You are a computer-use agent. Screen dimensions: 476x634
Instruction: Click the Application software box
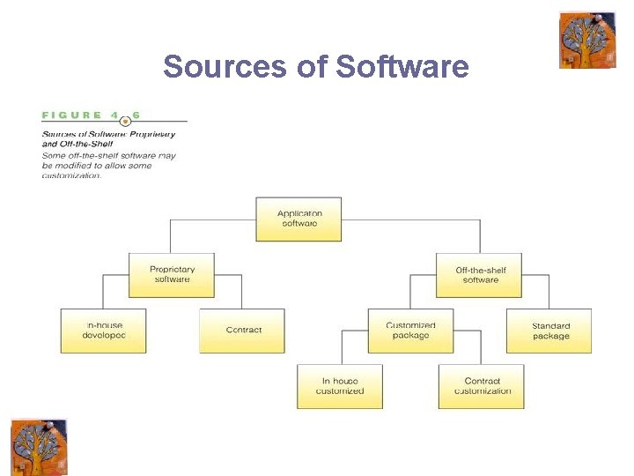299,219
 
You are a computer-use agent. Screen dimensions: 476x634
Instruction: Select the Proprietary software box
172,274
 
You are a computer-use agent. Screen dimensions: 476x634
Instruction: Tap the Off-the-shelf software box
480,274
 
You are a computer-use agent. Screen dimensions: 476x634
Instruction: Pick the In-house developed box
103,331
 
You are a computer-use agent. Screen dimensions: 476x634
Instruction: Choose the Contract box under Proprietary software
242,331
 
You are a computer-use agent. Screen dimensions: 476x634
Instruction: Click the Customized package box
410,331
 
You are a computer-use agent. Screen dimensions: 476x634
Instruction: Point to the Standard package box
549,331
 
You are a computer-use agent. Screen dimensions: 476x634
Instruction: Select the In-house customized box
340,386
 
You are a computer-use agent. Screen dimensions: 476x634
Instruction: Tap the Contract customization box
481,386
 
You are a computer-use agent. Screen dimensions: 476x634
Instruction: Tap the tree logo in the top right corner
587,40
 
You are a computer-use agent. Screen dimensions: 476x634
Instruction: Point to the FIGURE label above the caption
71,115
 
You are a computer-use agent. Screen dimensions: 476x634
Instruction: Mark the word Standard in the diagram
551,325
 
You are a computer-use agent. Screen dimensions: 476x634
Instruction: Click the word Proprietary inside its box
173,269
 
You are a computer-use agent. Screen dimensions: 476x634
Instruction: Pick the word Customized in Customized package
410,325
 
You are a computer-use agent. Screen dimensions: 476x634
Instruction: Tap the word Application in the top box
299,213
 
